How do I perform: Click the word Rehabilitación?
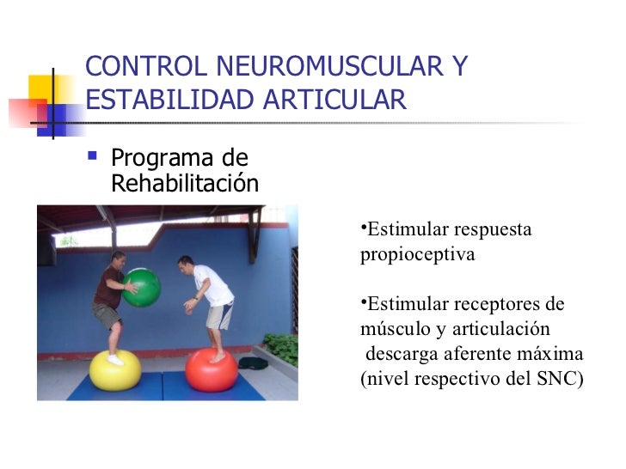(x=185, y=184)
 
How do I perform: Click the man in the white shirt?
(x=209, y=296)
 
